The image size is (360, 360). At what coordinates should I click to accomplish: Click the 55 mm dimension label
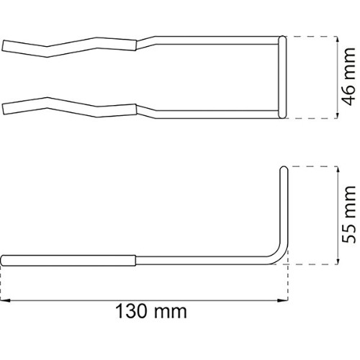[349, 214]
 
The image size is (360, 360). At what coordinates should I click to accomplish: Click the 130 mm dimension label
[151, 311]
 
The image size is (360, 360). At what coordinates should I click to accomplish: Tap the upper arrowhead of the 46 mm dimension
[338, 39]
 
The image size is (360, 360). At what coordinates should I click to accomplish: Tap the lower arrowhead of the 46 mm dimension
[338, 115]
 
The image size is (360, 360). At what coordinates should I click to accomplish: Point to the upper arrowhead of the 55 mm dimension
[338, 169]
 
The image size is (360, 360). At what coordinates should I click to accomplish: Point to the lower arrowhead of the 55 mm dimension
[338, 261]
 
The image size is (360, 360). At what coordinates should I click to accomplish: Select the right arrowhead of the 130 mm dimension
[283, 300]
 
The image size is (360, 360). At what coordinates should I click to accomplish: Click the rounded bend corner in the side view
[279, 256]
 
